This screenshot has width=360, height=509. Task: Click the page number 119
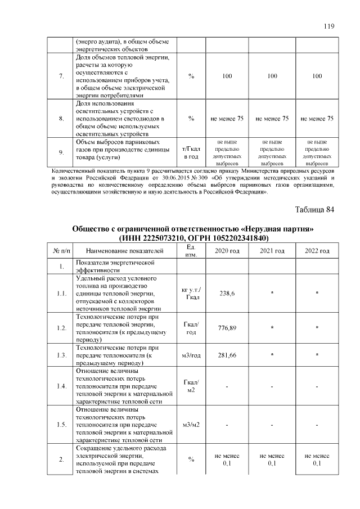coord(329,26)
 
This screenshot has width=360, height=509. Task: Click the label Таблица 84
coord(314,210)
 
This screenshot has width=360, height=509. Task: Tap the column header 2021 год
coord(272,250)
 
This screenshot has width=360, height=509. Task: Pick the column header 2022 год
coord(317,250)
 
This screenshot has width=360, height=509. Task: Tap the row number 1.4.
coord(61,386)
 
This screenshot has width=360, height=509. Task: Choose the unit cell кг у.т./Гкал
coord(192,293)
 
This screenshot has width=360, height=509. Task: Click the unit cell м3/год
coord(192,355)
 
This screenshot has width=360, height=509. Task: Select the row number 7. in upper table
coord(61,76)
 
